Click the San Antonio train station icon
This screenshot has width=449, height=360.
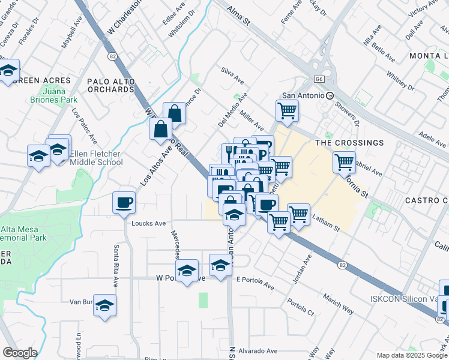point(330,95)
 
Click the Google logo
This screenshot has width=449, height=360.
point(20,353)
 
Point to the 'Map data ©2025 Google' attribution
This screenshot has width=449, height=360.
point(412,355)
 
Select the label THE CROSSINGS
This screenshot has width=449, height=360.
point(349,143)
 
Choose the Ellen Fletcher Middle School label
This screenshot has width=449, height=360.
point(96,158)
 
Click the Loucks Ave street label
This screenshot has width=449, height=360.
point(148,224)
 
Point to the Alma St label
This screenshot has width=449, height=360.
point(238,14)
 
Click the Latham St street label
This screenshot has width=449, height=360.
point(326,224)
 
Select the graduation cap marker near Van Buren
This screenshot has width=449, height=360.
point(105,305)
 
